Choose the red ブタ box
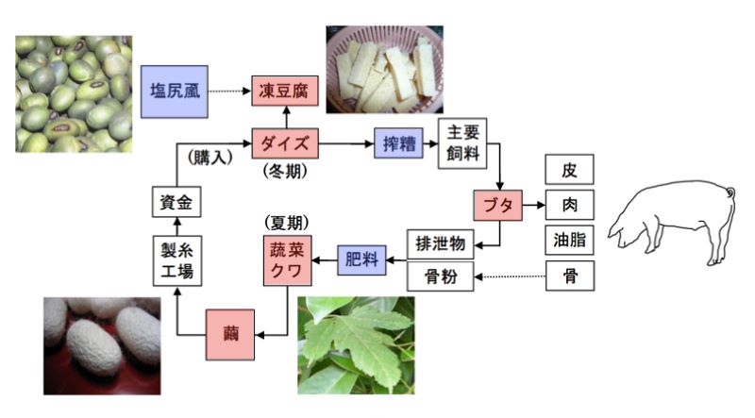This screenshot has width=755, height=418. click(x=497, y=205)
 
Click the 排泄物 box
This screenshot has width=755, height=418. click(x=440, y=243)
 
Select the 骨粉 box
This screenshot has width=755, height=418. click(x=440, y=276)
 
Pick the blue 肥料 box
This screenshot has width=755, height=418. click(x=363, y=259)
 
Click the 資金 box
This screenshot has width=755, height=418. click(x=177, y=202)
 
